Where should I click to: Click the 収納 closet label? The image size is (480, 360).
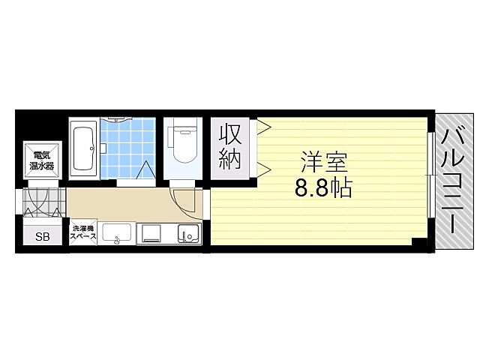[x=230, y=147]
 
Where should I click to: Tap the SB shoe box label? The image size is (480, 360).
[x=41, y=237]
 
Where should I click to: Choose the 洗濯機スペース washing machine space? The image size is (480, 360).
[x=83, y=233]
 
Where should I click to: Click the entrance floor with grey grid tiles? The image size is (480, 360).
[x=42, y=204]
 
